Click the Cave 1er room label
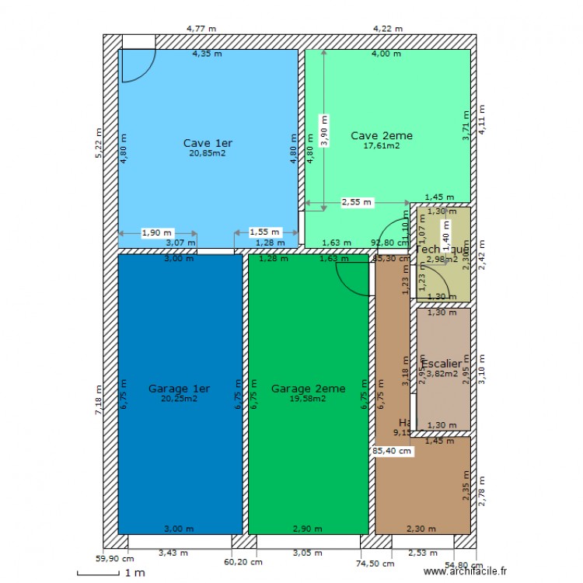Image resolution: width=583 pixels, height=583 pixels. tap(208, 143)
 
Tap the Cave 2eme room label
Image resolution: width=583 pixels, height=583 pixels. tap(381, 135)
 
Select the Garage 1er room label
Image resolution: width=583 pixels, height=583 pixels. tap(179, 388)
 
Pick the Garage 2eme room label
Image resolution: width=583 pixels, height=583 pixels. tap(308, 388)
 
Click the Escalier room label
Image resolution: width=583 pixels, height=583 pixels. tap(442, 363)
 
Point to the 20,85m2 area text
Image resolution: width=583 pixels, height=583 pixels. tap(208, 154)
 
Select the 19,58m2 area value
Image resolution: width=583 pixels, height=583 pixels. tap(307, 398)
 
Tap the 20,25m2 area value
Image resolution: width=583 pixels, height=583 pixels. tap(179, 398)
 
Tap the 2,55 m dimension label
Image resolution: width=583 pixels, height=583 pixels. tap(357, 202)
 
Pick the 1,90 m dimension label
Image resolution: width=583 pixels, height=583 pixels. tap(157, 232)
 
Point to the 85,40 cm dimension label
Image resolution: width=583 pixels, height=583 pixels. tap(393, 449)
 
